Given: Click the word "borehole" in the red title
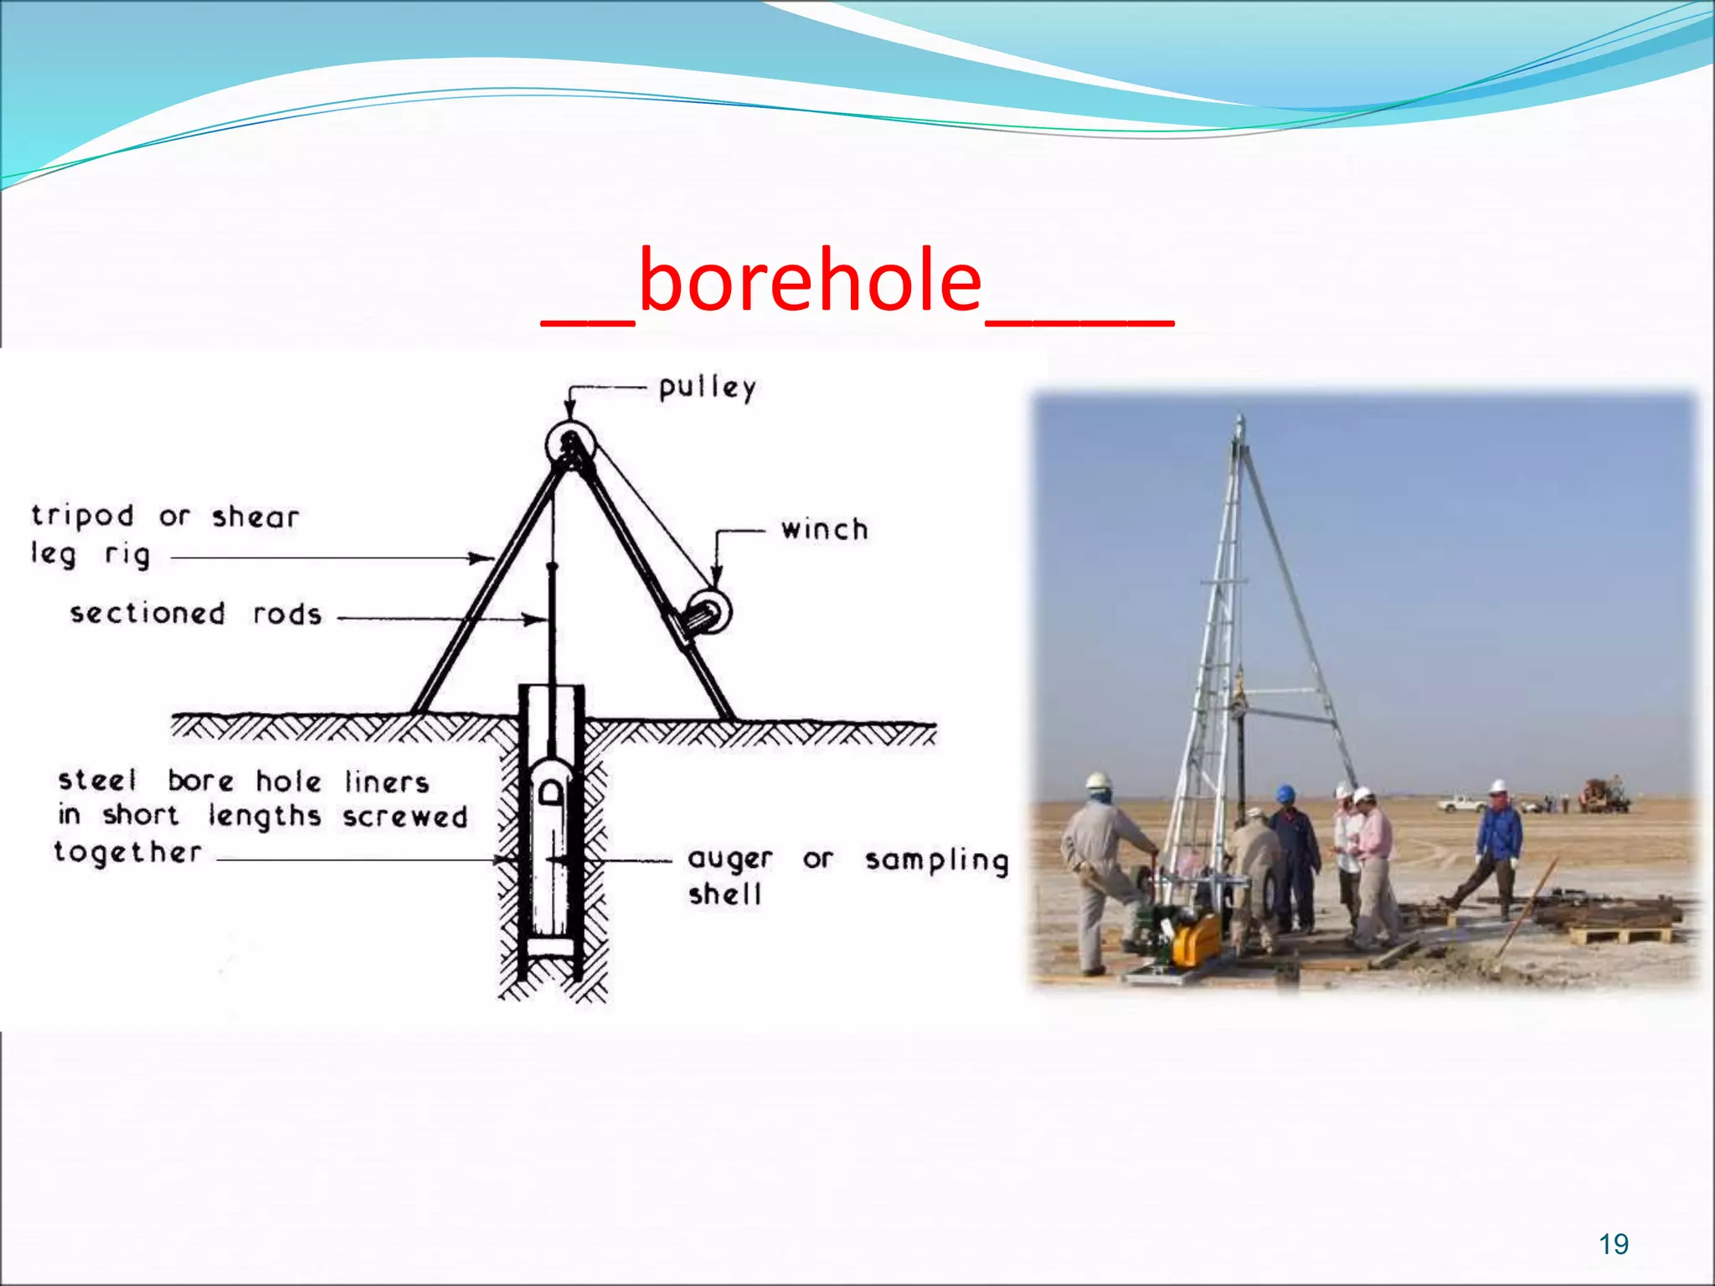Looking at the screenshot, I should click(810, 281).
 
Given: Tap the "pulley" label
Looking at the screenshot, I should click(708, 388).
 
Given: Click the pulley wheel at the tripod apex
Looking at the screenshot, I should click(570, 443).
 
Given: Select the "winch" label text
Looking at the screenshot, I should click(825, 530).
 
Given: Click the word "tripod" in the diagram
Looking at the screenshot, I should click(82, 516).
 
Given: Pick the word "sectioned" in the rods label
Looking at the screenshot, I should click(147, 614).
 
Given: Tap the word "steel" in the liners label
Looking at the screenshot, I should click(96, 780).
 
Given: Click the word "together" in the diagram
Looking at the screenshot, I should click(128, 852).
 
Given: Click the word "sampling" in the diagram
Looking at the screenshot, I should click(936, 861).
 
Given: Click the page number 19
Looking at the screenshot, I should click(1613, 1244).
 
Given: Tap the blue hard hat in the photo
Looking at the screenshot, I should click(1285, 793).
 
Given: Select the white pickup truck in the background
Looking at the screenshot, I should click(1459, 804).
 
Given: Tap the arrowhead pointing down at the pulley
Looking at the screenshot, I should click(569, 410).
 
